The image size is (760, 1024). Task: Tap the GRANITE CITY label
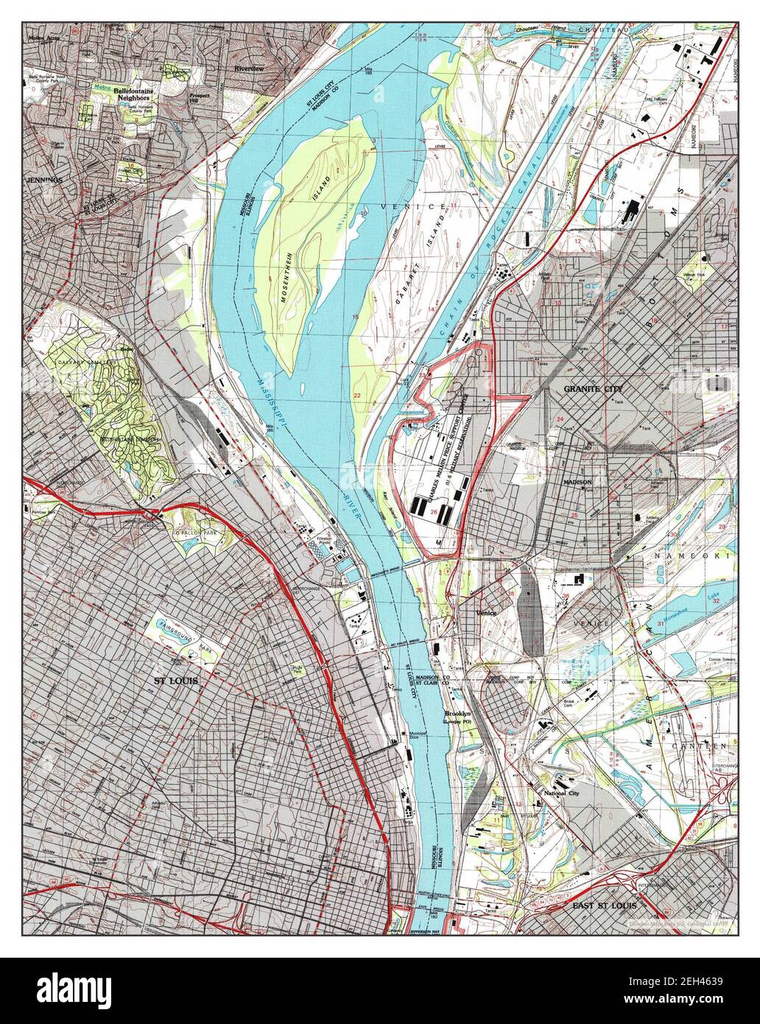[592, 388]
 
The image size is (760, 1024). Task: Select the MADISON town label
[577, 482]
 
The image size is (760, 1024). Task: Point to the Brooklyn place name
[457, 713]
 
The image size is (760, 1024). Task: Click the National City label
[560, 793]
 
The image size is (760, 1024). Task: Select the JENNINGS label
[43, 180]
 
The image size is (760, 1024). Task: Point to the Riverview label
[248, 69]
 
